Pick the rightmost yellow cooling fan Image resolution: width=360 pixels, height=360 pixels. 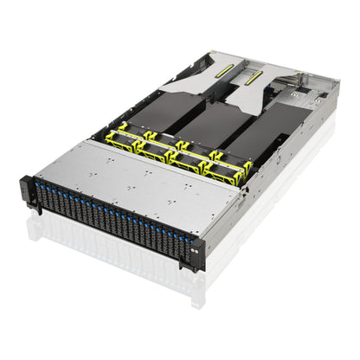(228, 170)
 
